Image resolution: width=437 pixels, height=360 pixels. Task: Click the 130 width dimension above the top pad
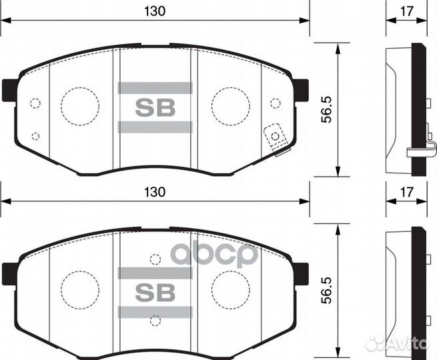point(154,11)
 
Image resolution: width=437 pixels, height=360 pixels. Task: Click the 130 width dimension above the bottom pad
point(154,191)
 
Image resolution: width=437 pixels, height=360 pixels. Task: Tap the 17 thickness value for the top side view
point(407,11)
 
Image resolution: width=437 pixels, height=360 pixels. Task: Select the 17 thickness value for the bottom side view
point(407,191)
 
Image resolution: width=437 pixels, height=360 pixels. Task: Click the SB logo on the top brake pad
point(155,108)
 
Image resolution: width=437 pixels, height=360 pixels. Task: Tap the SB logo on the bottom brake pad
point(155,291)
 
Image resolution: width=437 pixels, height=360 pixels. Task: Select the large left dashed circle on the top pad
point(80,105)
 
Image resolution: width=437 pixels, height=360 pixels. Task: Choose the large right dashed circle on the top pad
point(230,105)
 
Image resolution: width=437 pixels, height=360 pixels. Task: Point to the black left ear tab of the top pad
point(9,89)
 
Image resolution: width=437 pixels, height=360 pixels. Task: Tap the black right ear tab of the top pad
point(301,89)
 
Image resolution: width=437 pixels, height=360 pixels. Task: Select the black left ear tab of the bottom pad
point(9,273)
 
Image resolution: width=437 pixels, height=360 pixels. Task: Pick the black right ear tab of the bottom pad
point(301,273)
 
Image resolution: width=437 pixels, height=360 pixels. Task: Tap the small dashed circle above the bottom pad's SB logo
point(155,259)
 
